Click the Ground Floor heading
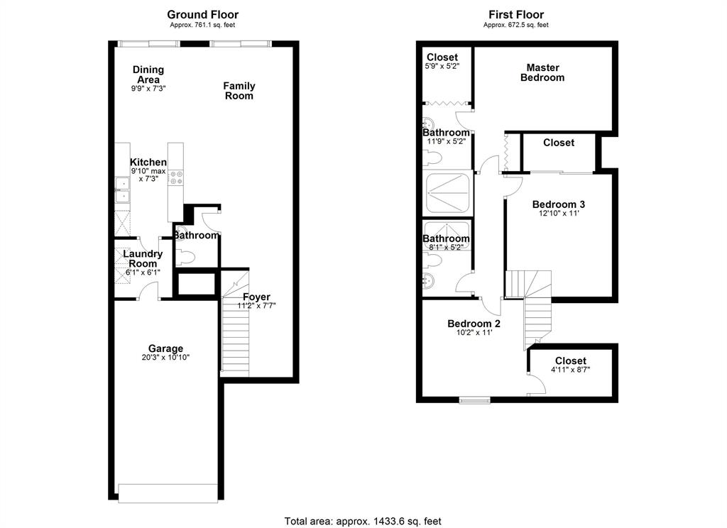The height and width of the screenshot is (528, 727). pos(202,14)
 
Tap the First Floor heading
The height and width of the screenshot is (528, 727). pos(516,14)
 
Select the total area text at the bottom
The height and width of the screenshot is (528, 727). pos(363,521)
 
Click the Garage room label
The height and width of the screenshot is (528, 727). pos(165,348)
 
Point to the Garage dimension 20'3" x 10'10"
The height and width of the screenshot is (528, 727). pos(165,358)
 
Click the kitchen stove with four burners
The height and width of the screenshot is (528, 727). pos(176,177)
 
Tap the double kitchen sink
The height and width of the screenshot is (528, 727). pos(122,190)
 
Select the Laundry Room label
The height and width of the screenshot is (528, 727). pos(143,258)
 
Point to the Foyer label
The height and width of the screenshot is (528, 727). pos(256,297)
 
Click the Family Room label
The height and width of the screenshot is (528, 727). pos(239,91)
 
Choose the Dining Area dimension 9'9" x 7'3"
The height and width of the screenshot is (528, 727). pos(148,88)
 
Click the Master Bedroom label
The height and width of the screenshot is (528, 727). pos(542,73)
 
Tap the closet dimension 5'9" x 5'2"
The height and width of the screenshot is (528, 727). pos(442,66)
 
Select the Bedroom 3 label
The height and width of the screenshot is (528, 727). pos(558,204)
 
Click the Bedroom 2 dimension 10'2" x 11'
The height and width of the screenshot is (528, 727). pos(471,332)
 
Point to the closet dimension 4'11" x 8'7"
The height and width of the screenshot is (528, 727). pos(570,370)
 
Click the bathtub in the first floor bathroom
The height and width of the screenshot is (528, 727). pos(448,193)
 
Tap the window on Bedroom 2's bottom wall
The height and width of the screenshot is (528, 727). pos(475,400)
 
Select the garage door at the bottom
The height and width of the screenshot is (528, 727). pos(168,493)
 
